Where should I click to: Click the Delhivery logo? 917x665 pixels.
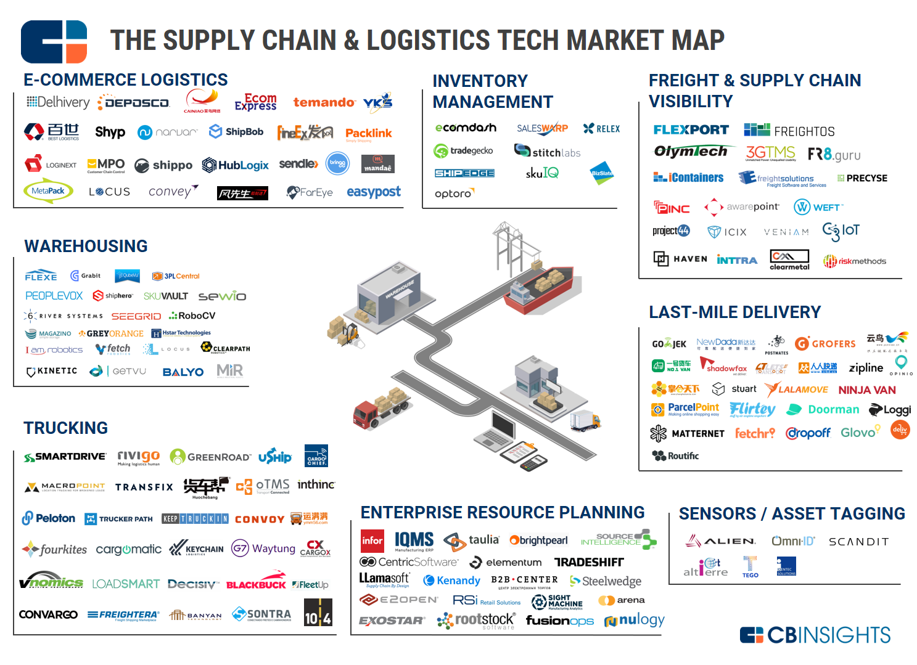click(58, 102)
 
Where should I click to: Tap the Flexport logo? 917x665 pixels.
click(691, 129)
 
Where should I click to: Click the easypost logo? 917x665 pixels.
click(373, 192)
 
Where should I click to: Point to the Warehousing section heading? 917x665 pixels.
click(86, 247)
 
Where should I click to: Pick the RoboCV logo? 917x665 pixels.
click(192, 316)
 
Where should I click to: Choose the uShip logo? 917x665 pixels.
click(274, 457)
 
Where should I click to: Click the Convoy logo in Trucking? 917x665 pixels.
click(260, 520)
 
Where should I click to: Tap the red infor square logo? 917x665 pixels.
click(372, 541)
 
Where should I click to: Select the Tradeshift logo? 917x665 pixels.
click(589, 562)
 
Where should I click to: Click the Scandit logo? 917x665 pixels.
click(858, 542)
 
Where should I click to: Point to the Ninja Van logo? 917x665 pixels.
click(866, 390)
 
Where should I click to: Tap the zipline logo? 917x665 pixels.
click(866, 368)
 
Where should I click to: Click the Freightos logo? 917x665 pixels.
click(789, 131)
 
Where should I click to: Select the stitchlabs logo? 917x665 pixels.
click(548, 152)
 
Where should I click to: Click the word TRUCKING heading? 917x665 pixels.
click(65, 428)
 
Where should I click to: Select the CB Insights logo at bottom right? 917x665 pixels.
click(815, 635)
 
